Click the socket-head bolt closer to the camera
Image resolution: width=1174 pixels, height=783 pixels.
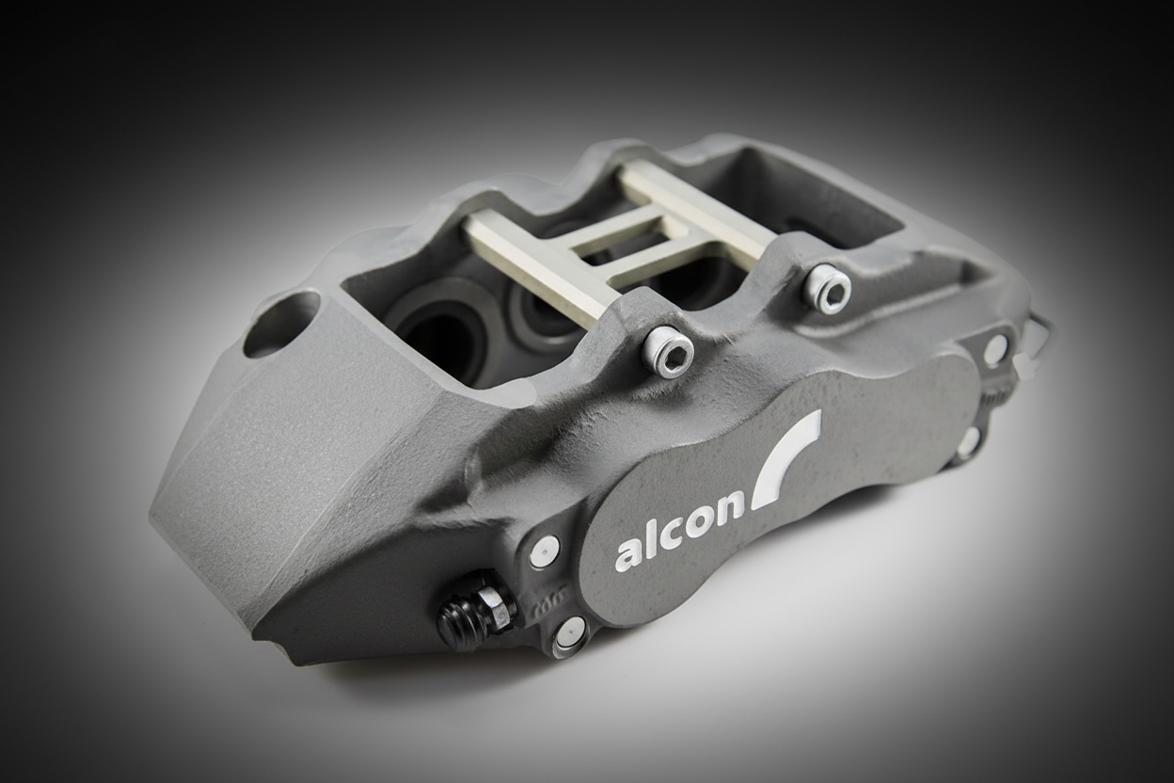[x=669, y=352]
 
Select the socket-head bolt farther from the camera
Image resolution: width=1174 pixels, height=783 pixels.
[x=827, y=288]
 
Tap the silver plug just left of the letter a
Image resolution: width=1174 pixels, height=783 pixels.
[x=544, y=551]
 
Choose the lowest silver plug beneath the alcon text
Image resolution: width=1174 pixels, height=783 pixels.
[x=570, y=632]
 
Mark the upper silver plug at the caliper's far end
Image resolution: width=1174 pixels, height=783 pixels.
[x=994, y=349]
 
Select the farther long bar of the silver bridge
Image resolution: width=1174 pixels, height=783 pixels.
[x=696, y=211]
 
